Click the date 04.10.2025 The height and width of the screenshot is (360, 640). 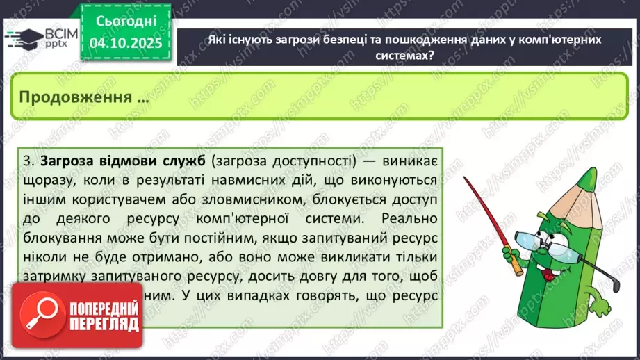click(124, 43)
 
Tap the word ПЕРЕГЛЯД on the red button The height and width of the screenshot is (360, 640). click(104, 325)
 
